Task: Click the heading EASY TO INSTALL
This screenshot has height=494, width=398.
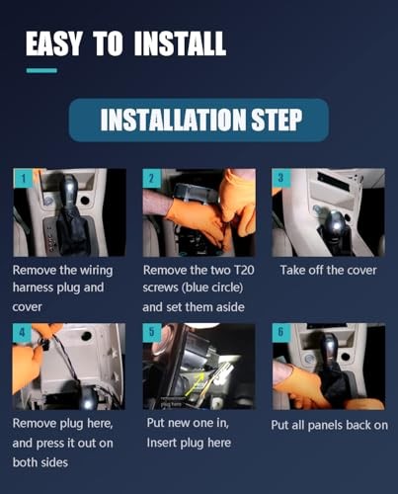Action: pyautogui.click(x=125, y=42)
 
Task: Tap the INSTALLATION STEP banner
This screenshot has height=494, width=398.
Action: pyautogui.click(x=199, y=120)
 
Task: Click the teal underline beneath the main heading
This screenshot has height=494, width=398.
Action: pyautogui.click(x=41, y=69)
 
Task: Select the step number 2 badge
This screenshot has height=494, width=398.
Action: pyautogui.click(x=151, y=178)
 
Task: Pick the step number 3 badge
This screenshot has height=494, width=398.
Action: pyautogui.click(x=281, y=178)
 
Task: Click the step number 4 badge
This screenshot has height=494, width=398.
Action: pyautogui.click(x=21, y=333)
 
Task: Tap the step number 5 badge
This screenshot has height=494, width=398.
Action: pyautogui.click(x=151, y=333)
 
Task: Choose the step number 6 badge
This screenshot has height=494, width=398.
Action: pyautogui.click(x=281, y=333)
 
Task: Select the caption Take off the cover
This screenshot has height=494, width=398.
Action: pyautogui.click(x=327, y=269)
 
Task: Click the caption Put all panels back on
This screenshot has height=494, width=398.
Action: pyautogui.click(x=329, y=425)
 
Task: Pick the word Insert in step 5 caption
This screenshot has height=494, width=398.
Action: pyautogui.click(x=163, y=443)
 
